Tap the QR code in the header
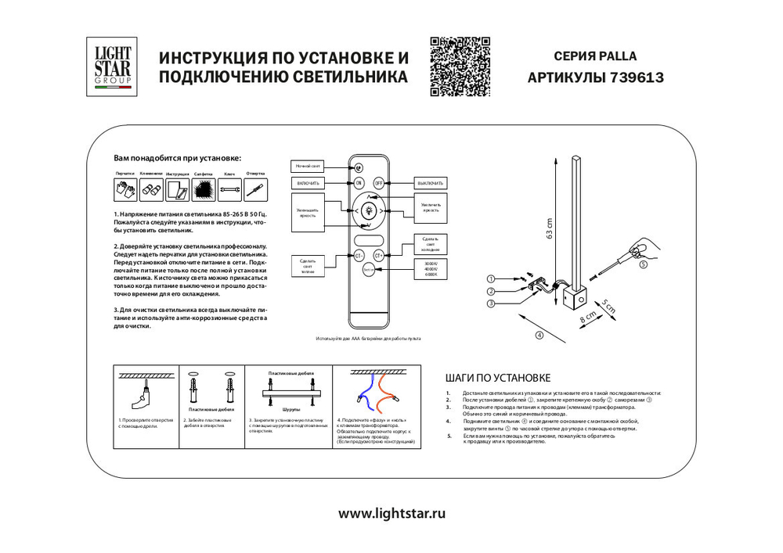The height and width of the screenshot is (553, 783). coord(460,66)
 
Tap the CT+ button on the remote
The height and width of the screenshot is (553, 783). coord(379,255)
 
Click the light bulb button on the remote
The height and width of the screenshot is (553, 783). coord(369,210)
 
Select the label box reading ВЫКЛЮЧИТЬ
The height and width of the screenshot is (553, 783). coord(429,182)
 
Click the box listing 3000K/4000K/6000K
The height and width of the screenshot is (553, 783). coord(429,269)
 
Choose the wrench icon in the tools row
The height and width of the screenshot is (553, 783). coord(229,189)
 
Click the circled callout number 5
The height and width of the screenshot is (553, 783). coord(644,264)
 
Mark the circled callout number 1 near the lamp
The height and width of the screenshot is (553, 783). coord(491,278)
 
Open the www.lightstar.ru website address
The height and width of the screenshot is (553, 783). coord(391,513)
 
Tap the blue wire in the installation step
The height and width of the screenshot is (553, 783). coord(361,390)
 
